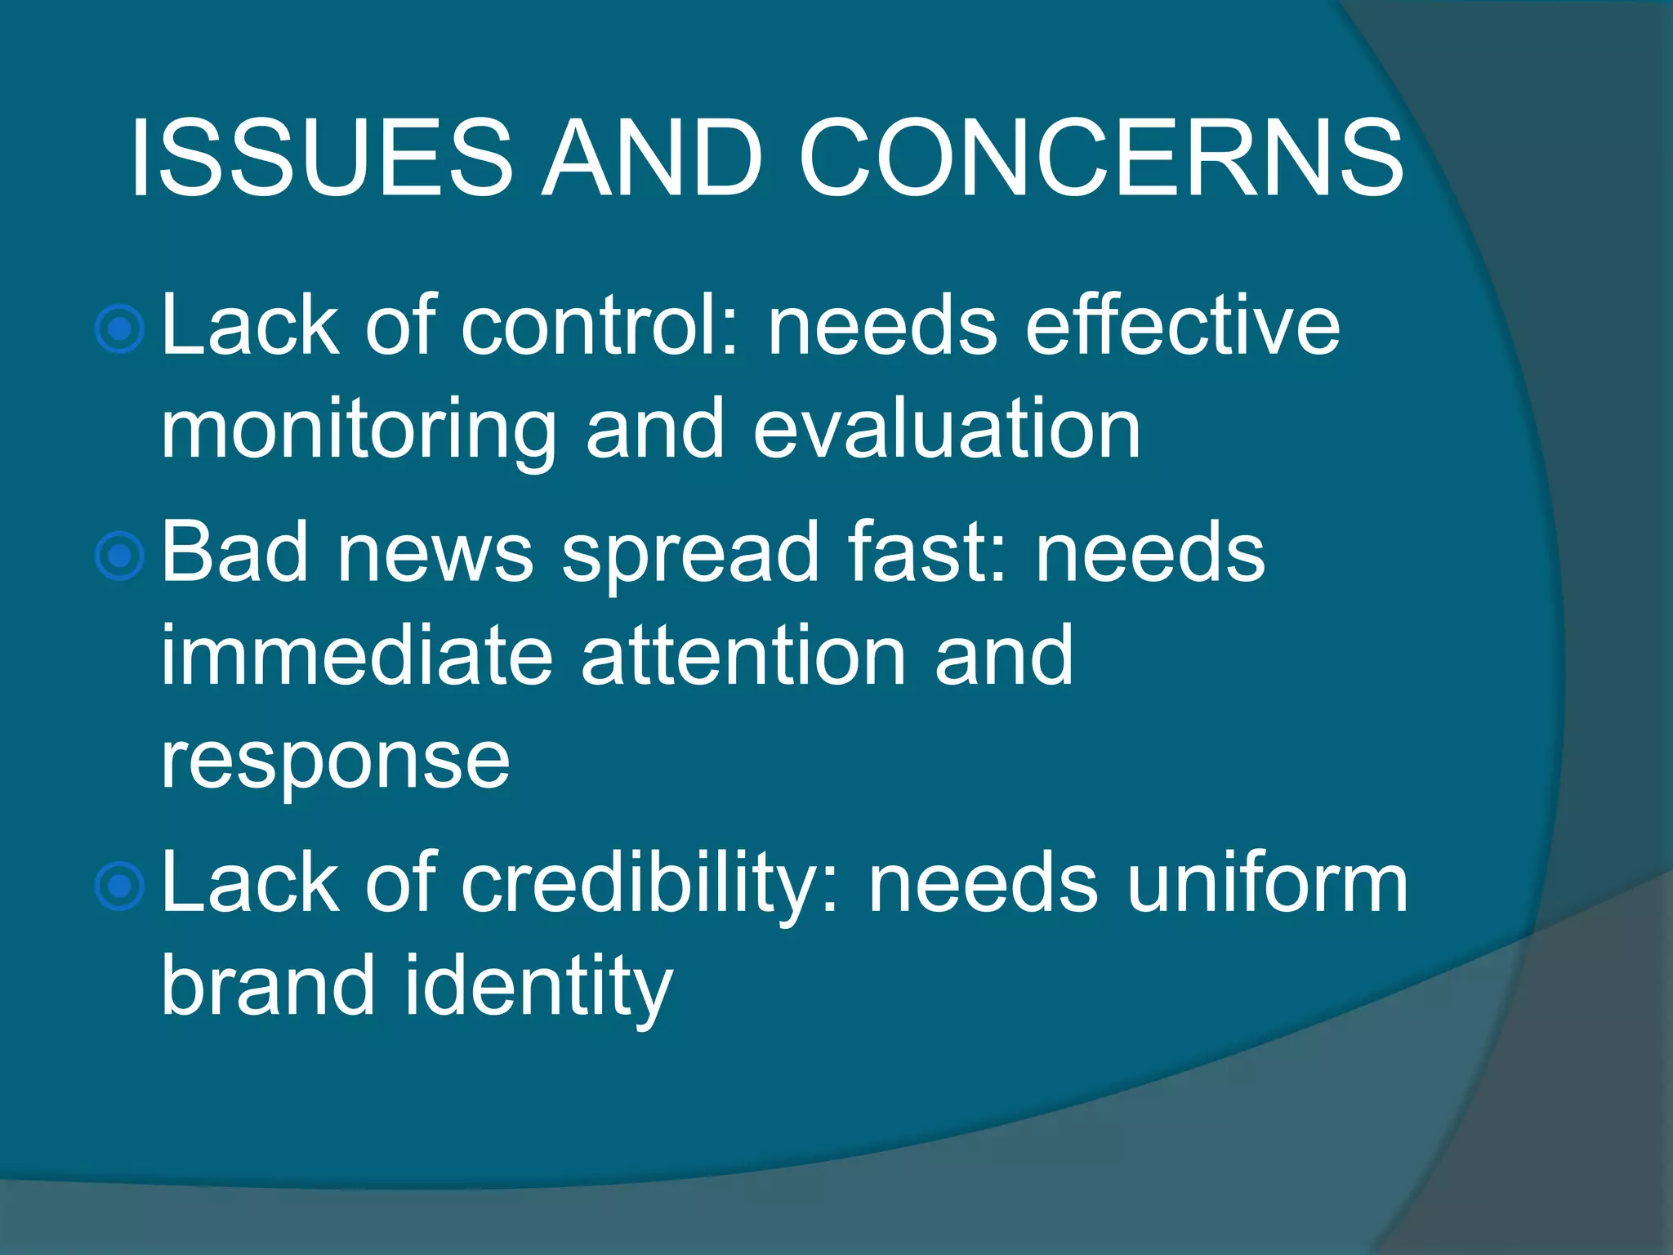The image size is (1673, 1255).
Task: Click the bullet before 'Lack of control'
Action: (120, 329)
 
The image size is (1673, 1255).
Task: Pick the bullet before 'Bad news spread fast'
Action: (120, 556)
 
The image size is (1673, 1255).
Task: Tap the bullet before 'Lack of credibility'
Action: (120, 886)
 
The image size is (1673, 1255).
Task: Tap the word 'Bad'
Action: (234, 554)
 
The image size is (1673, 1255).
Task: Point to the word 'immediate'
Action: (356, 656)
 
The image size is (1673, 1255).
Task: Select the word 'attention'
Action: (743, 656)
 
